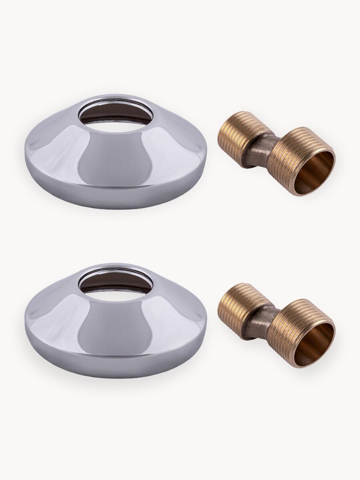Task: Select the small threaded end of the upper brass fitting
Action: (236, 136)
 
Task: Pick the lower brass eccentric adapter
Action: (276, 325)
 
